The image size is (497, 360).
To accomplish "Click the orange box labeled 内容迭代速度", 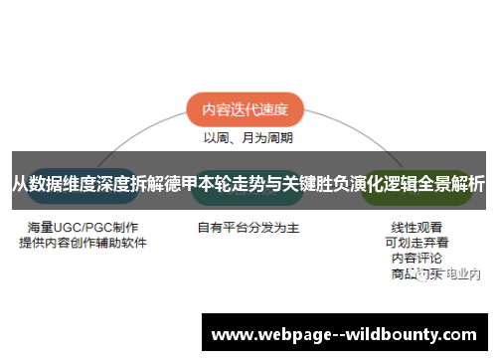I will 245,111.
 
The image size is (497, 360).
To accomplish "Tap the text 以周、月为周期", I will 248,137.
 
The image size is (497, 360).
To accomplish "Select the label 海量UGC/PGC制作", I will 83,227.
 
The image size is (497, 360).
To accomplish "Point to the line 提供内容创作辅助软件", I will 83,242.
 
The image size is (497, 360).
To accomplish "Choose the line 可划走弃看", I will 417,242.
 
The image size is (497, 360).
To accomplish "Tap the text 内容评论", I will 417,258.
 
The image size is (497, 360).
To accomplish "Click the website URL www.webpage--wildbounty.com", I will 348,332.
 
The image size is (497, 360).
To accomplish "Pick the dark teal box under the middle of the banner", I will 248,202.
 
